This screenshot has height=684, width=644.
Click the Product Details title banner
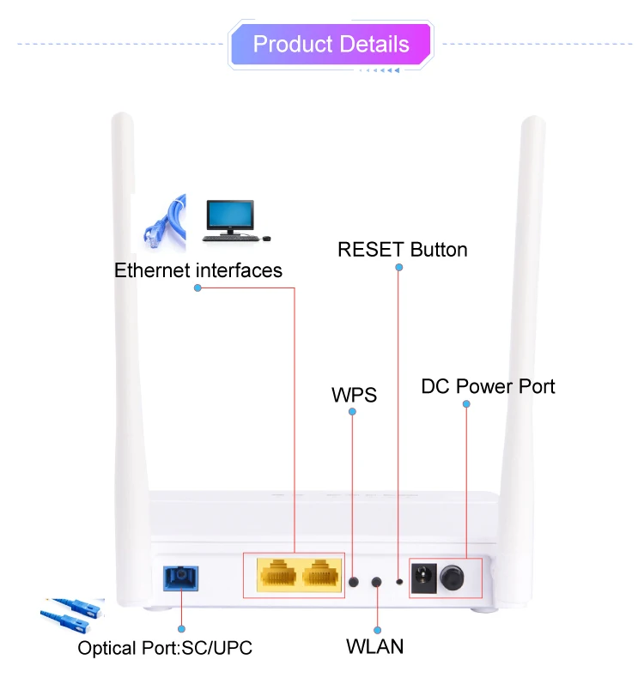click(x=331, y=44)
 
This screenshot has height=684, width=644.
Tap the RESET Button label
click(x=402, y=250)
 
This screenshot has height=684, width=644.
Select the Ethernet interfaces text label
click(x=198, y=271)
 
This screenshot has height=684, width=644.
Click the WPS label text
click(x=354, y=395)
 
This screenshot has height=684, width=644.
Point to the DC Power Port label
click(x=488, y=386)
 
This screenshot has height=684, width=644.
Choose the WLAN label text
click(x=374, y=646)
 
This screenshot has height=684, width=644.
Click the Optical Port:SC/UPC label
click(x=165, y=647)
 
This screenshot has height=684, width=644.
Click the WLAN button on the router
click(x=376, y=583)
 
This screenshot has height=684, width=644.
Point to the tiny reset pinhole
click(x=399, y=582)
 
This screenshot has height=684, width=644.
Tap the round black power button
click(x=453, y=579)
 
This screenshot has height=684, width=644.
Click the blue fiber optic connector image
click(x=72, y=617)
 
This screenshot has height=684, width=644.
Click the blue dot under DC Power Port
click(x=466, y=404)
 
